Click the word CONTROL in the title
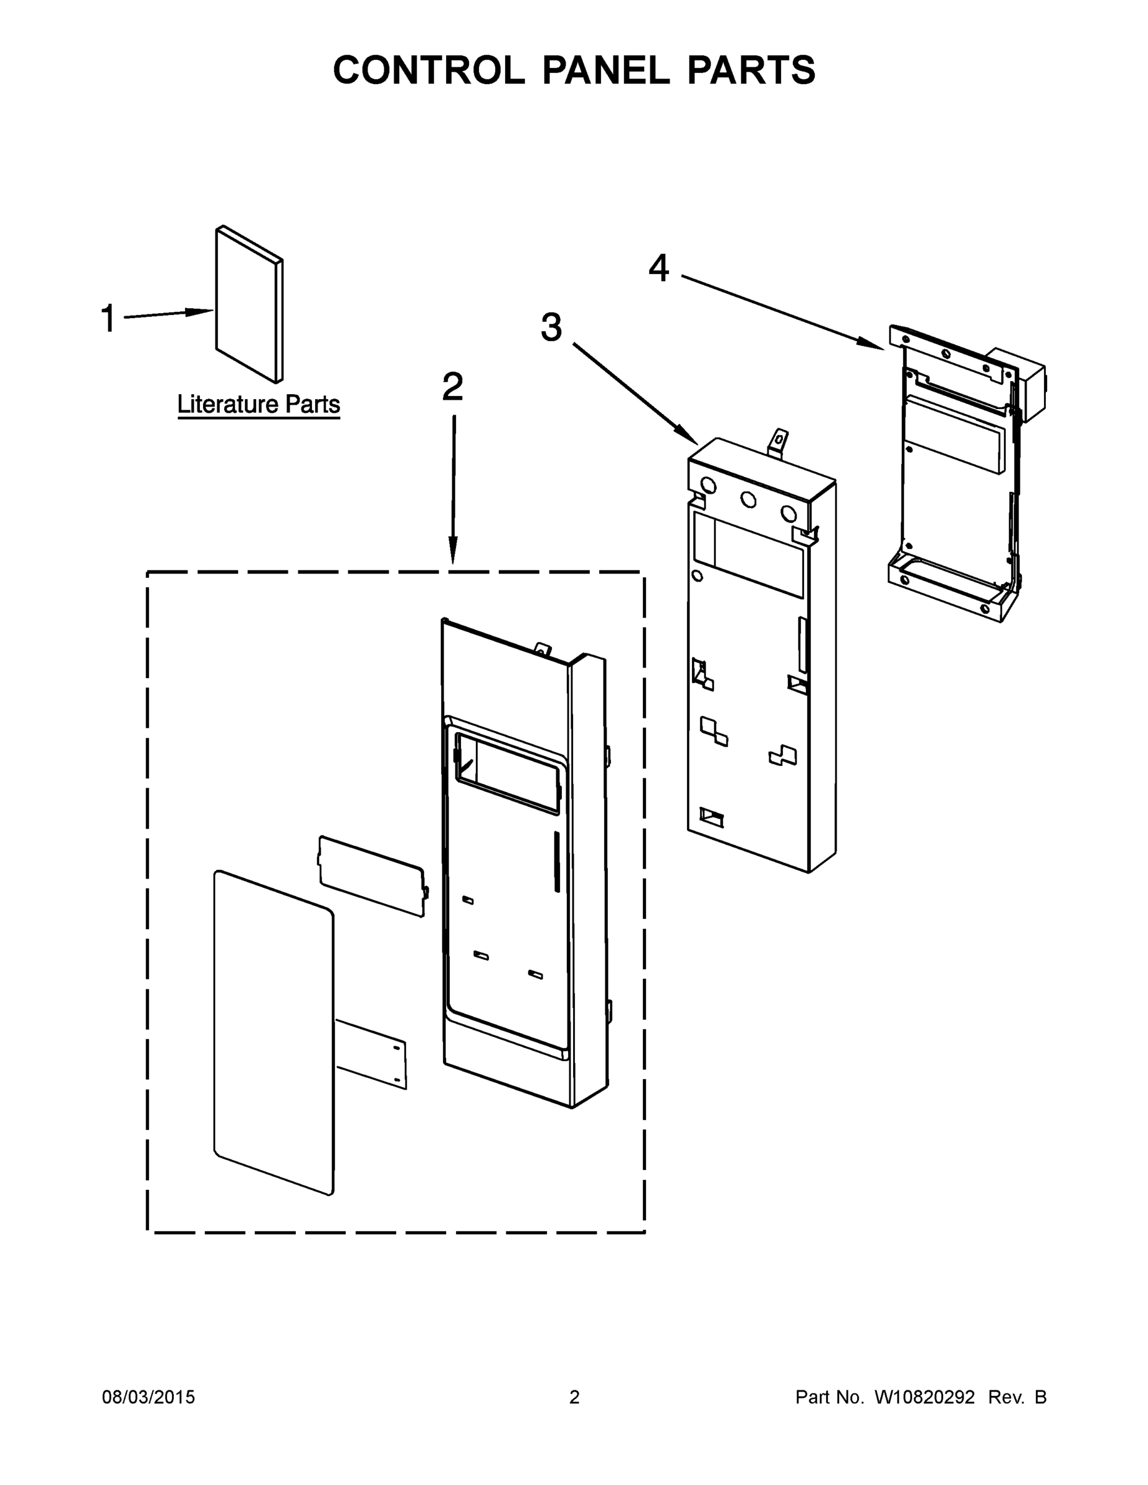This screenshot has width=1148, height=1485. pos(428,70)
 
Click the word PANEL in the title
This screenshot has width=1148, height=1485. pos(605,70)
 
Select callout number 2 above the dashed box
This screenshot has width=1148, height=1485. pos(453,387)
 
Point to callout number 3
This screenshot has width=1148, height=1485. pos(551,327)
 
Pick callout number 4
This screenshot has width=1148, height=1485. pos(658,268)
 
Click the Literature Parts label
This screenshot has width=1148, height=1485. pos(259,405)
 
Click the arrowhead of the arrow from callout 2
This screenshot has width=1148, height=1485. pos(453,551)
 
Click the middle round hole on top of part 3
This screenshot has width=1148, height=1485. pos(748,500)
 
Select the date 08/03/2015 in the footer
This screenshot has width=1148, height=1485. pos(149,1397)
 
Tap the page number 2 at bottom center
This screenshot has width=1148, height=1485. pos(574,1397)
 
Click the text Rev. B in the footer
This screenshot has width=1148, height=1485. pos(1017,1397)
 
